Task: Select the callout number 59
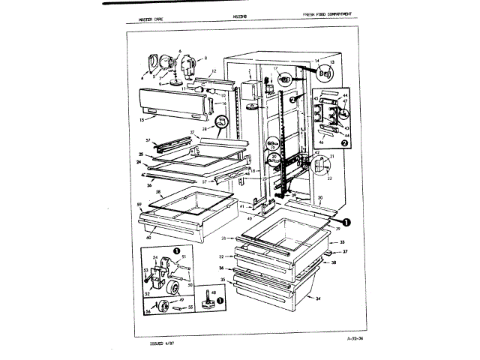tap(140, 205)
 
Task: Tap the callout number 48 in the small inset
tap(214, 292)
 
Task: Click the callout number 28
tap(204, 129)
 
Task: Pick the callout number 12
tap(214, 71)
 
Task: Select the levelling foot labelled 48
tap(212, 304)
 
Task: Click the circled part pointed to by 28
tap(222, 121)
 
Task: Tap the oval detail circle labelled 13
tap(325, 74)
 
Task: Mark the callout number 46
tap(321, 140)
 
